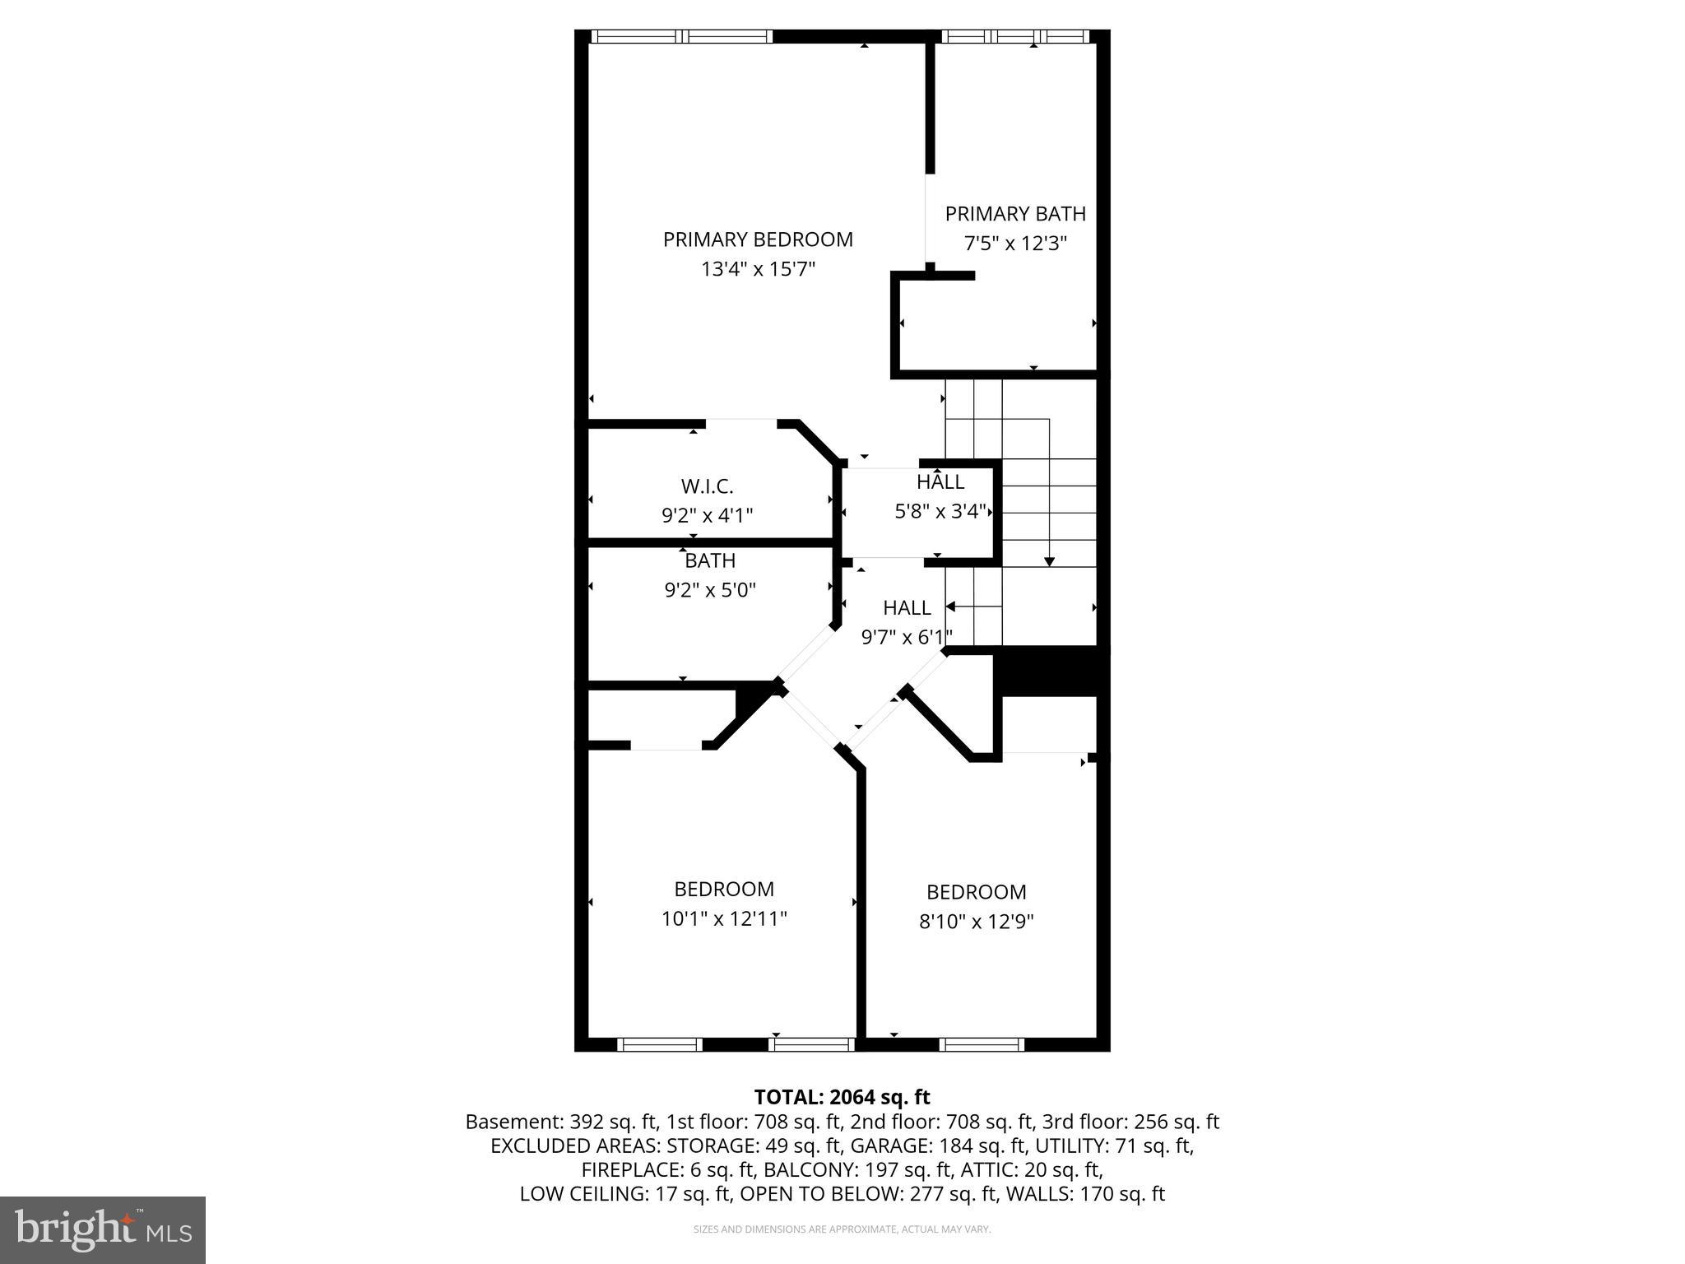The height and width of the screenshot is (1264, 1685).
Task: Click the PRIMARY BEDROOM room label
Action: pos(758,239)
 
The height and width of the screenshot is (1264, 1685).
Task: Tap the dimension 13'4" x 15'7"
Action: pos(758,269)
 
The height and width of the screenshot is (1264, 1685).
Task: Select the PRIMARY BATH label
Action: pos(1015,214)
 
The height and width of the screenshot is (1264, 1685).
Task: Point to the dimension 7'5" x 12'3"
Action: pos(1015,244)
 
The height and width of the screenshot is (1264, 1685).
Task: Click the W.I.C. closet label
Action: pos(707,486)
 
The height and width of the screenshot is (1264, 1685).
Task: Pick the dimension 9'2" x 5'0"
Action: pos(710,590)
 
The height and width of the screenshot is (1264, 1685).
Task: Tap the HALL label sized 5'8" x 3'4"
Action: pos(940,482)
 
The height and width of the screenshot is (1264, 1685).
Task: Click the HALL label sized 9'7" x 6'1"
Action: pos(907,608)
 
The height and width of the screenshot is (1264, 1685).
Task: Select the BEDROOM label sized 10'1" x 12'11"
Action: pos(724,889)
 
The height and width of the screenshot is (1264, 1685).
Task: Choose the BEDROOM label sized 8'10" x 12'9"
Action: pos(977,892)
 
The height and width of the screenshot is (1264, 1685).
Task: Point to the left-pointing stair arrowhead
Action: pos(950,606)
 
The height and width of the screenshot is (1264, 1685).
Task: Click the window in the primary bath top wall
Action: pos(1015,36)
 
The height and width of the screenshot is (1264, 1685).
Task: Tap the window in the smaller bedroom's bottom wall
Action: pos(982,1044)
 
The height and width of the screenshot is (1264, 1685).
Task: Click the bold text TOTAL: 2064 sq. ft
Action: pos(842,1097)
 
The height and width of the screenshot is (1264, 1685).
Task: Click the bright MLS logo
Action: pos(103,1229)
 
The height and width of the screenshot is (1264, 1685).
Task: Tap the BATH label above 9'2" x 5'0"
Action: pos(710,560)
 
